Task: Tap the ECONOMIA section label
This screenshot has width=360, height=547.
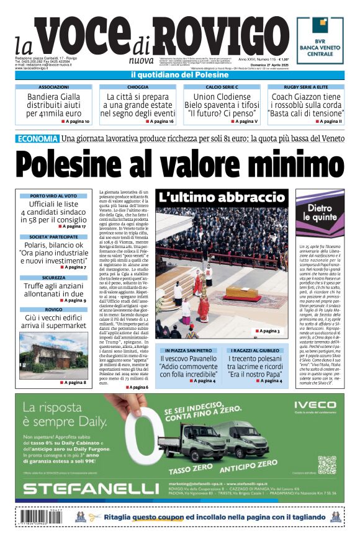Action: pyautogui.click(x=37, y=138)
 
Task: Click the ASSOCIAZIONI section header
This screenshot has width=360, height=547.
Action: pyautogui.click(x=53, y=87)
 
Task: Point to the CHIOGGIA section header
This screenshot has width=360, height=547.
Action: pyautogui.click(x=137, y=87)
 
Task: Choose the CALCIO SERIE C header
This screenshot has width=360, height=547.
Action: pyautogui.click(x=222, y=87)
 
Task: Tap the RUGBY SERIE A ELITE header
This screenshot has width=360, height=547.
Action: pyautogui.click(x=305, y=87)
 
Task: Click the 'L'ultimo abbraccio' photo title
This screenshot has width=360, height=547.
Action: pyautogui.click(x=221, y=198)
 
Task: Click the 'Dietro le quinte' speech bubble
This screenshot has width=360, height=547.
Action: pyautogui.click(x=320, y=213)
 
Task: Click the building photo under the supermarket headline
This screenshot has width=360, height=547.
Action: pyautogui.click(x=53, y=355)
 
